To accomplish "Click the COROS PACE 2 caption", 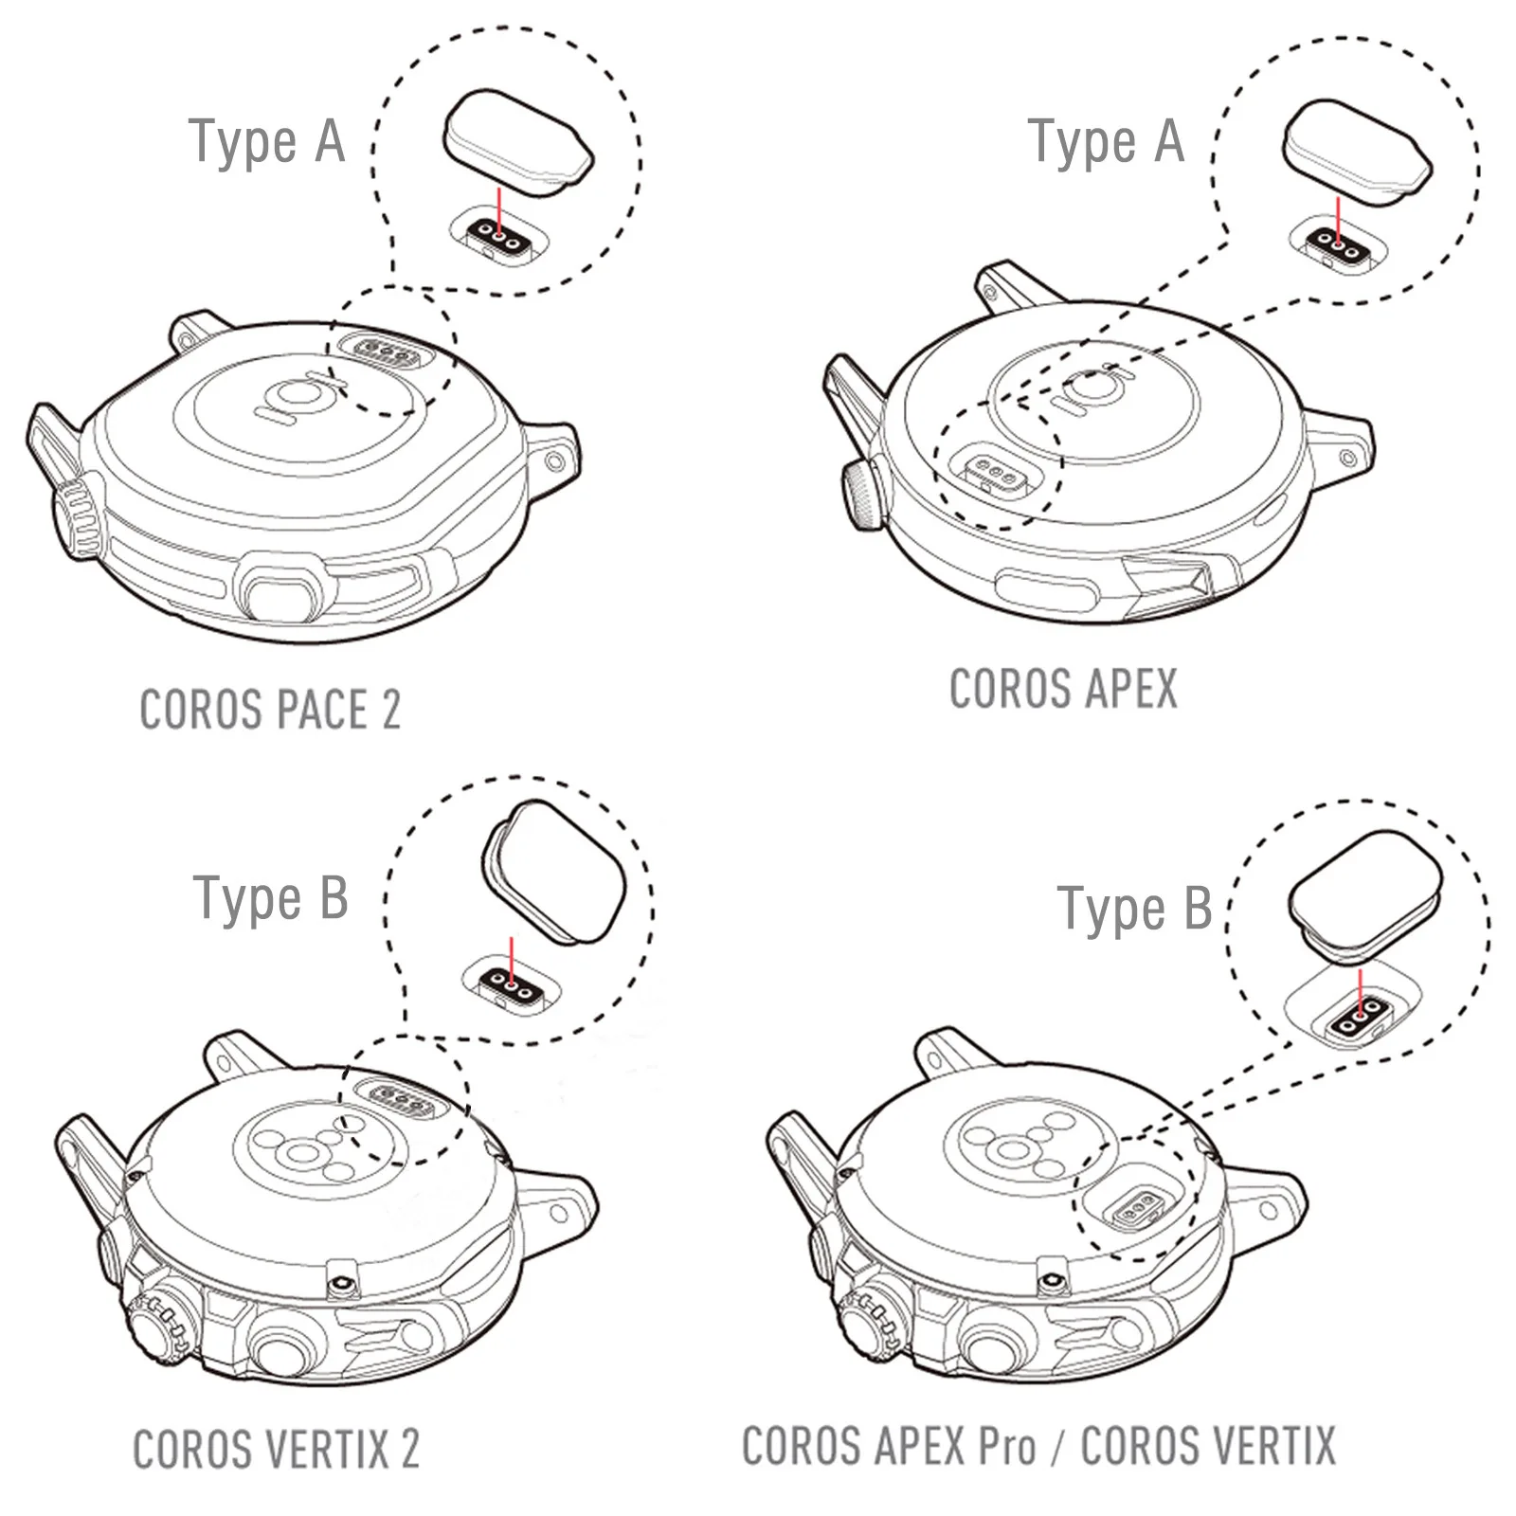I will (x=270, y=710).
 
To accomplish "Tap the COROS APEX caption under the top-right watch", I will (x=1062, y=689).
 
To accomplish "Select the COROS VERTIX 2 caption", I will (x=276, y=1449).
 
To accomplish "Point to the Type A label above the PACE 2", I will (x=266, y=142).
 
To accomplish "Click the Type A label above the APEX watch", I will (x=1106, y=142).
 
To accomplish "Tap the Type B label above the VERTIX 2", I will (x=271, y=897).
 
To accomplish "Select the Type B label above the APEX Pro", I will (x=1134, y=909).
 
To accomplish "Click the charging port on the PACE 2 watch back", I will (x=388, y=349).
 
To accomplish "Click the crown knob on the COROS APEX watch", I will (x=859, y=494).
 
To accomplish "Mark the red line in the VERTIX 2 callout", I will (x=513, y=961).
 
